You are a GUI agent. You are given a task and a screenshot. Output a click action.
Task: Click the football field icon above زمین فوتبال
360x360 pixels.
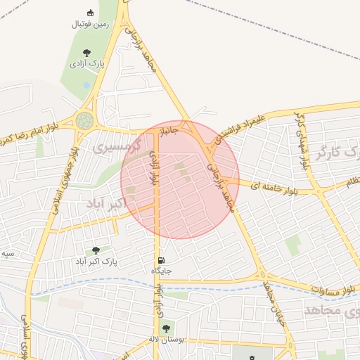(90, 13)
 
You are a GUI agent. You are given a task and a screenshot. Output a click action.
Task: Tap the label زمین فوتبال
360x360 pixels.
(91, 24)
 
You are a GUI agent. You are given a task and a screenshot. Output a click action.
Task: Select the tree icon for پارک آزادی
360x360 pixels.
(86, 53)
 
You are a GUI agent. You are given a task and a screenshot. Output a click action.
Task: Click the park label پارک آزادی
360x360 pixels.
(86, 64)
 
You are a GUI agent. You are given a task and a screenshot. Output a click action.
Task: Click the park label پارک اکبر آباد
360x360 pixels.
(96, 262)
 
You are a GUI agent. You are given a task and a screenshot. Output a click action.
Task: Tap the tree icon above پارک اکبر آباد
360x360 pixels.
(96, 250)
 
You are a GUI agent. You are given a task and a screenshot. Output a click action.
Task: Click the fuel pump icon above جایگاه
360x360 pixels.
(162, 260)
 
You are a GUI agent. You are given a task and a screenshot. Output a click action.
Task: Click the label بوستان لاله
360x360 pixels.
(167, 340)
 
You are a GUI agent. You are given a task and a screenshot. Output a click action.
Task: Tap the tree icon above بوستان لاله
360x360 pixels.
(166, 328)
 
